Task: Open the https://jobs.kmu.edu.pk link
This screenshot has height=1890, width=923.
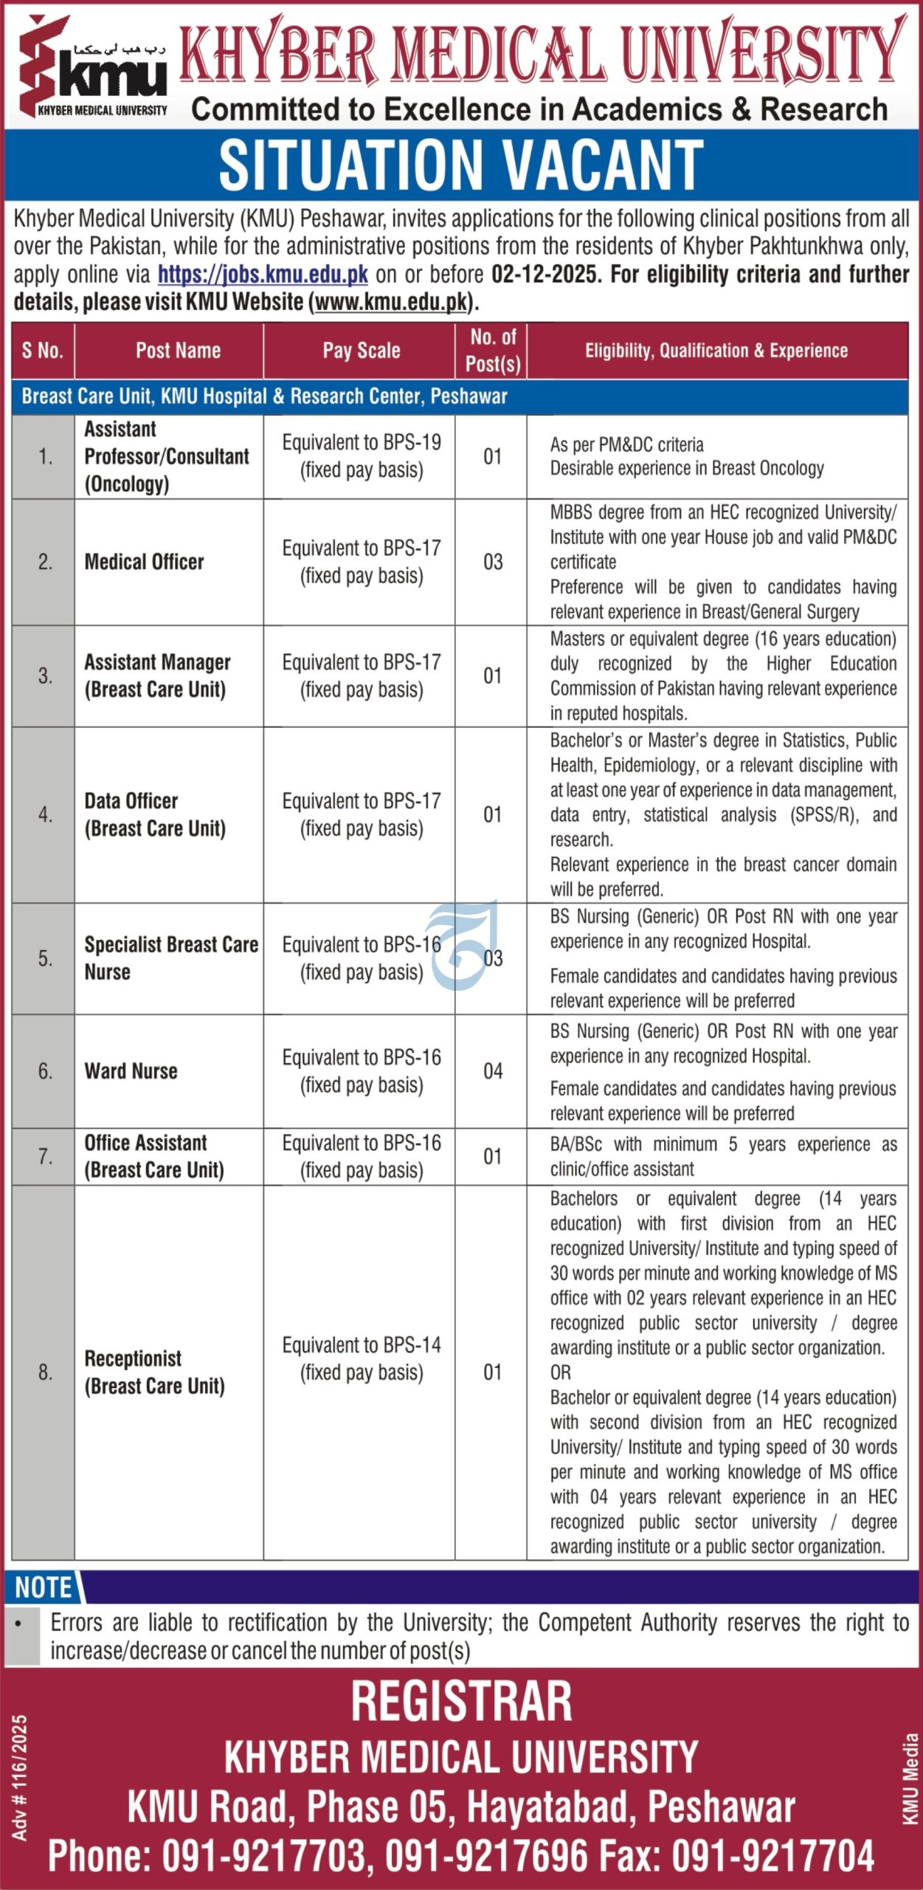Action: coord(263,275)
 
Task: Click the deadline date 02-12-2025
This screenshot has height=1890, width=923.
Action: coord(544,275)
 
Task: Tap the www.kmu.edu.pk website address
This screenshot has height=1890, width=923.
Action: coord(392,302)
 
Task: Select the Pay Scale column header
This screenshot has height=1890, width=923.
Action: coord(362,351)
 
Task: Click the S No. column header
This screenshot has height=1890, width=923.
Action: coord(43,351)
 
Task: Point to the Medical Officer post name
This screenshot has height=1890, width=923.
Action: coord(145,563)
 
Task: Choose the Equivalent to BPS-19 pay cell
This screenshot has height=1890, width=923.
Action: coord(362,456)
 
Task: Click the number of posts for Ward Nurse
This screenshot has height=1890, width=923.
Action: coord(493,1071)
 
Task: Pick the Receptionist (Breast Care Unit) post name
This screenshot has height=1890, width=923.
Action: coord(155,1372)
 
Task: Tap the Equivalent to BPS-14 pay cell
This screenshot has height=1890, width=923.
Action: coord(362,1358)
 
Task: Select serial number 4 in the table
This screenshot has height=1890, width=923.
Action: coord(45,815)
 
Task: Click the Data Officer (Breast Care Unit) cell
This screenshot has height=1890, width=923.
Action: coord(155,815)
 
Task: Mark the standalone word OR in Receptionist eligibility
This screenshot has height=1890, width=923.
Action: coord(561,1373)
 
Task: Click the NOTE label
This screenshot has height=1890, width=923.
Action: coord(44,1587)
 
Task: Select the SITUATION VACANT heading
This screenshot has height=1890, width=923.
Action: coord(461,165)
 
